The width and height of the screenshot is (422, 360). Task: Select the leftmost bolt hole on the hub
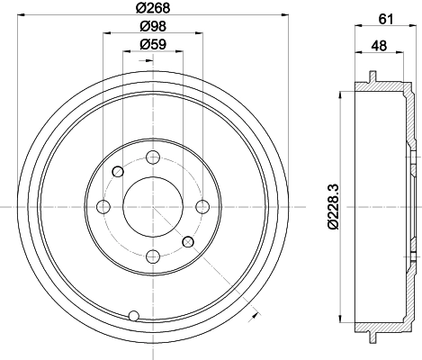coord(103,207)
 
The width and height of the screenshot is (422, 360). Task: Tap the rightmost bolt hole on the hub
coord(202,206)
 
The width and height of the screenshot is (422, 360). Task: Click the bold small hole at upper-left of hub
coord(117,172)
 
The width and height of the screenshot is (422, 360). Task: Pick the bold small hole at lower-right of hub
coord(187,242)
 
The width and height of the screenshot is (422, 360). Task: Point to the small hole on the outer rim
coord(134,315)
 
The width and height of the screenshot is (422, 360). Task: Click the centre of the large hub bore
coord(152,207)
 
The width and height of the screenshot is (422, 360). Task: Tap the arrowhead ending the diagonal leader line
coord(256,313)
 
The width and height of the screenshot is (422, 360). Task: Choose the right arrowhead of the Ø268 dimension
coord(283,16)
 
